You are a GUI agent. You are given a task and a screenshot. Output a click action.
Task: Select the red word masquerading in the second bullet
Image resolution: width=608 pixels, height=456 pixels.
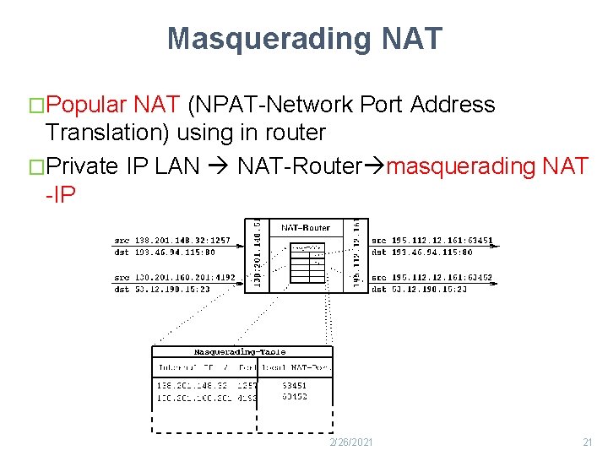click(x=459, y=166)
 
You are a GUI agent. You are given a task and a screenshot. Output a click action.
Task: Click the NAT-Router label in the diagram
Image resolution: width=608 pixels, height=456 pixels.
click(x=306, y=227)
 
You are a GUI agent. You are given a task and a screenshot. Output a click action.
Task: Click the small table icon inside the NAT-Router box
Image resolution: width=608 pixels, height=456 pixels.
click(x=307, y=264)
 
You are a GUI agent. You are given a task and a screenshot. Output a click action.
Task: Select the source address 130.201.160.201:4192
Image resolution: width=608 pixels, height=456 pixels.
click(x=175, y=277)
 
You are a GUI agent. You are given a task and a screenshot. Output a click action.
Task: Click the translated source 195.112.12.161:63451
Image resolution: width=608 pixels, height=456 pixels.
click(x=432, y=241)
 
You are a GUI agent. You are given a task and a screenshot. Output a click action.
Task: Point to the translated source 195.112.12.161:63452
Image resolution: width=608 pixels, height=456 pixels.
click(x=432, y=277)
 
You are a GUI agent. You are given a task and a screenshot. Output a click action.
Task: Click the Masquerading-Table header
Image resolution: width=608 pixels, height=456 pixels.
click(x=240, y=352)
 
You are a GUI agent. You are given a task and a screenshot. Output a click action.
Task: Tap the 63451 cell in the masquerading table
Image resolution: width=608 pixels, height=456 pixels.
click(x=295, y=386)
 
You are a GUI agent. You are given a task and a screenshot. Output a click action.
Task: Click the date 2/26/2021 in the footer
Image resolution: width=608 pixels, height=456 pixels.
click(x=351, y=442)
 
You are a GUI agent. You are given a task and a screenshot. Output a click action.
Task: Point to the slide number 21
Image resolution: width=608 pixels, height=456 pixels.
click(x=589, y=442)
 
